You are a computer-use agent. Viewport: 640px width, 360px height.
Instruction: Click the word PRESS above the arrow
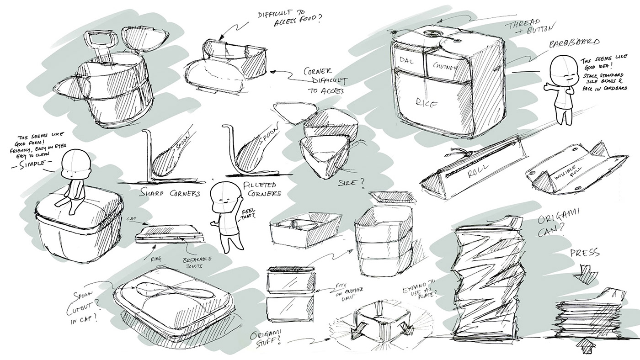[x=585, y=254]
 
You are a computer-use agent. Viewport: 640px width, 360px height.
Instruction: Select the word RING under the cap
[x=156, y=258]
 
